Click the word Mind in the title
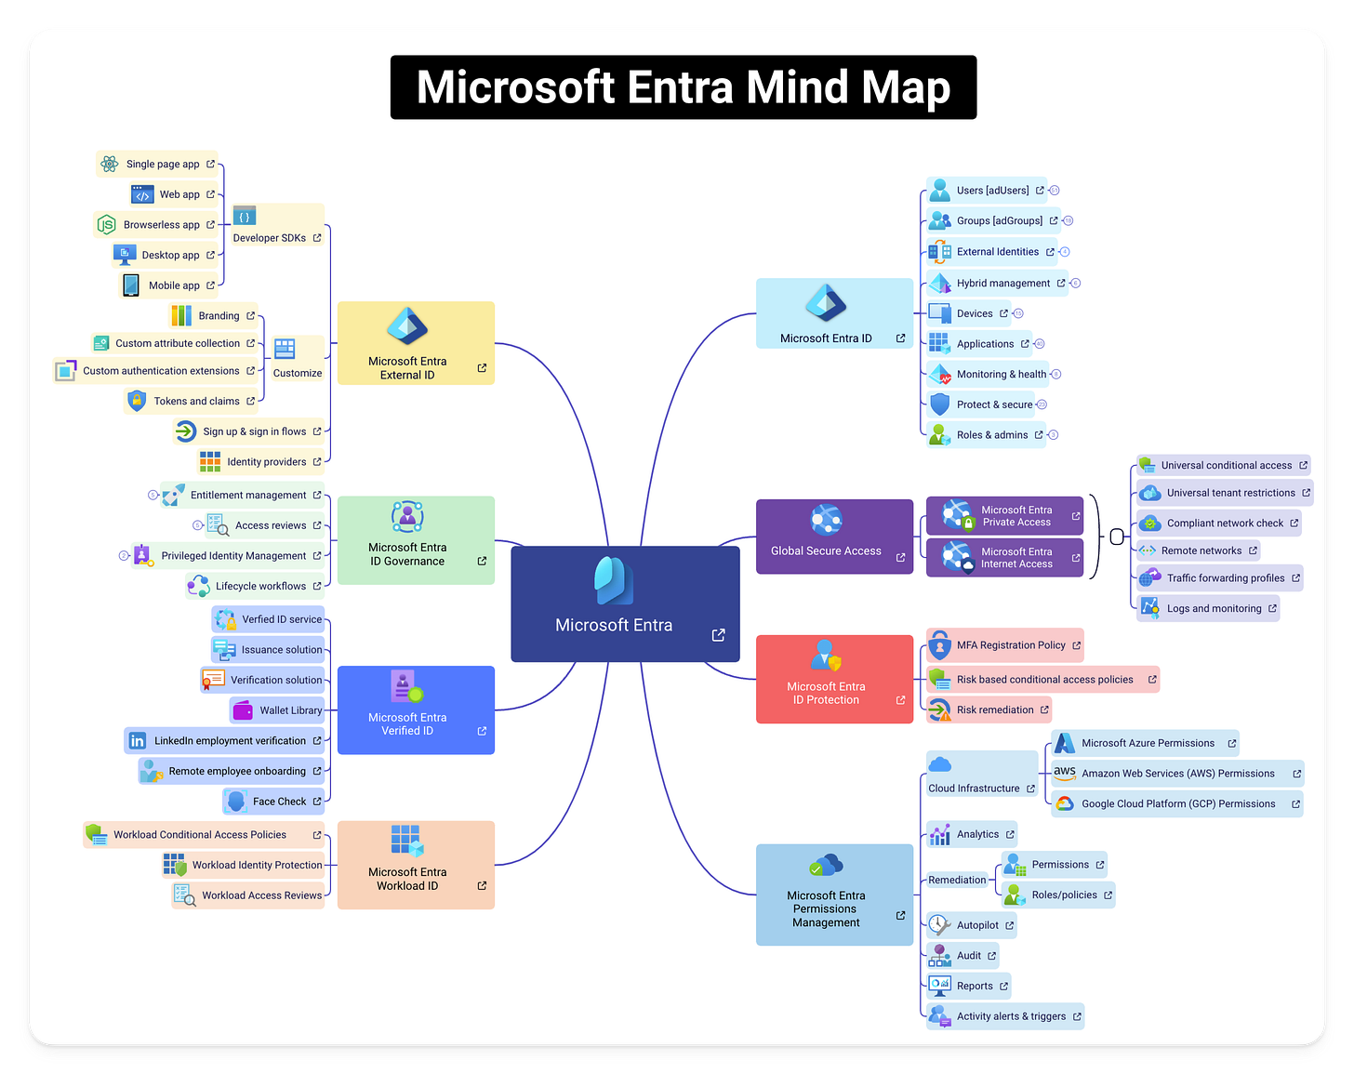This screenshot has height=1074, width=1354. point(797,87)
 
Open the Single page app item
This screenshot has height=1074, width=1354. point(157,165)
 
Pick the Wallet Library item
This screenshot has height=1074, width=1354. point(278,710)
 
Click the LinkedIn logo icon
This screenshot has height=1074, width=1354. point(138,741)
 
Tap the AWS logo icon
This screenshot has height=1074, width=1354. point(1065,773)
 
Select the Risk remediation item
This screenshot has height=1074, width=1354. point(989,710)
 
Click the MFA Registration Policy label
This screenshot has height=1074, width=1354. point(1011,645)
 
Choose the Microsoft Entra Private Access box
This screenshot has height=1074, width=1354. point(1004,516)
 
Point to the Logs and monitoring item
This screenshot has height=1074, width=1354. point(1208,609)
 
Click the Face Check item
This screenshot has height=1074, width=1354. point(274,802)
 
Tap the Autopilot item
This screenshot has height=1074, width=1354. point(971,925)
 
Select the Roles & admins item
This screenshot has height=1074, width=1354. point(986,435)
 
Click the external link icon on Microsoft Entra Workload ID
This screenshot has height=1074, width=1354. point(482,885)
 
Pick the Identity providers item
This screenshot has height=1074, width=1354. point(261,462)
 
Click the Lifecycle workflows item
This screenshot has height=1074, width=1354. point(255,587)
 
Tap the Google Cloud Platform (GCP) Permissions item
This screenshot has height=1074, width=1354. point(1177,804)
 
